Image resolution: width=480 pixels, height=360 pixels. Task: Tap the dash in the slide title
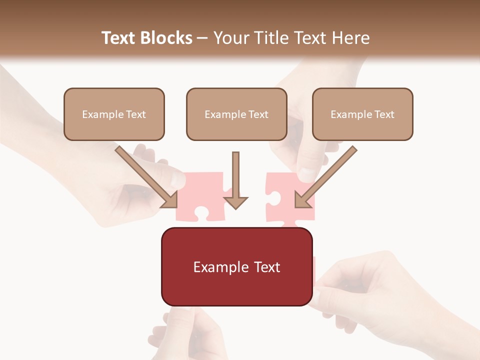202,38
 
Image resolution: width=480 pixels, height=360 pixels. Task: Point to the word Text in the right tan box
384,114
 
